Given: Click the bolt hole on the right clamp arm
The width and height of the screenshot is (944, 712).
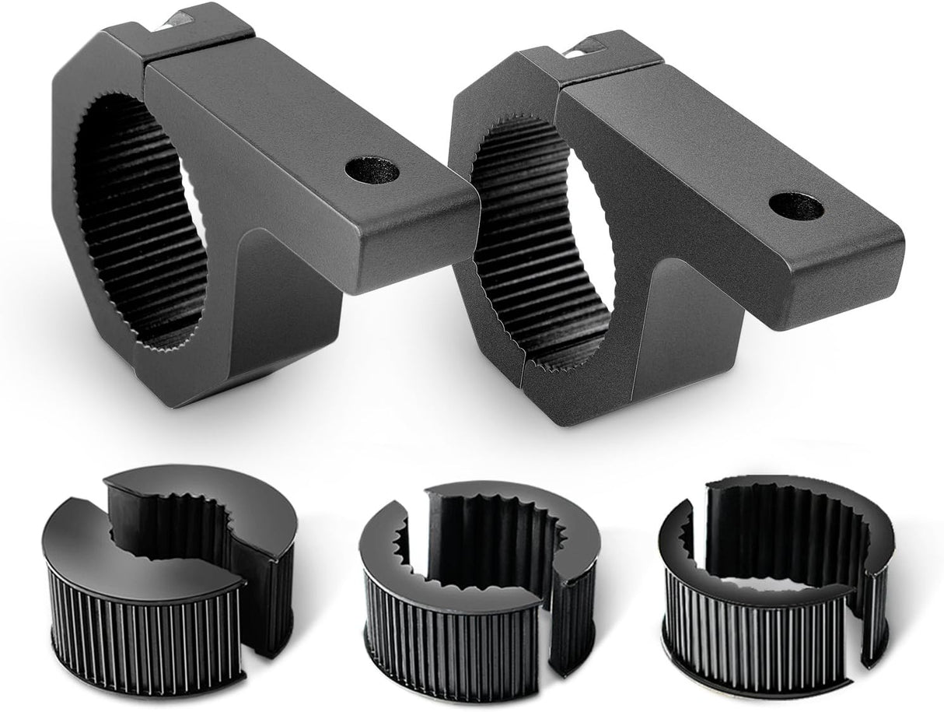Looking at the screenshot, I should (796, 207).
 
